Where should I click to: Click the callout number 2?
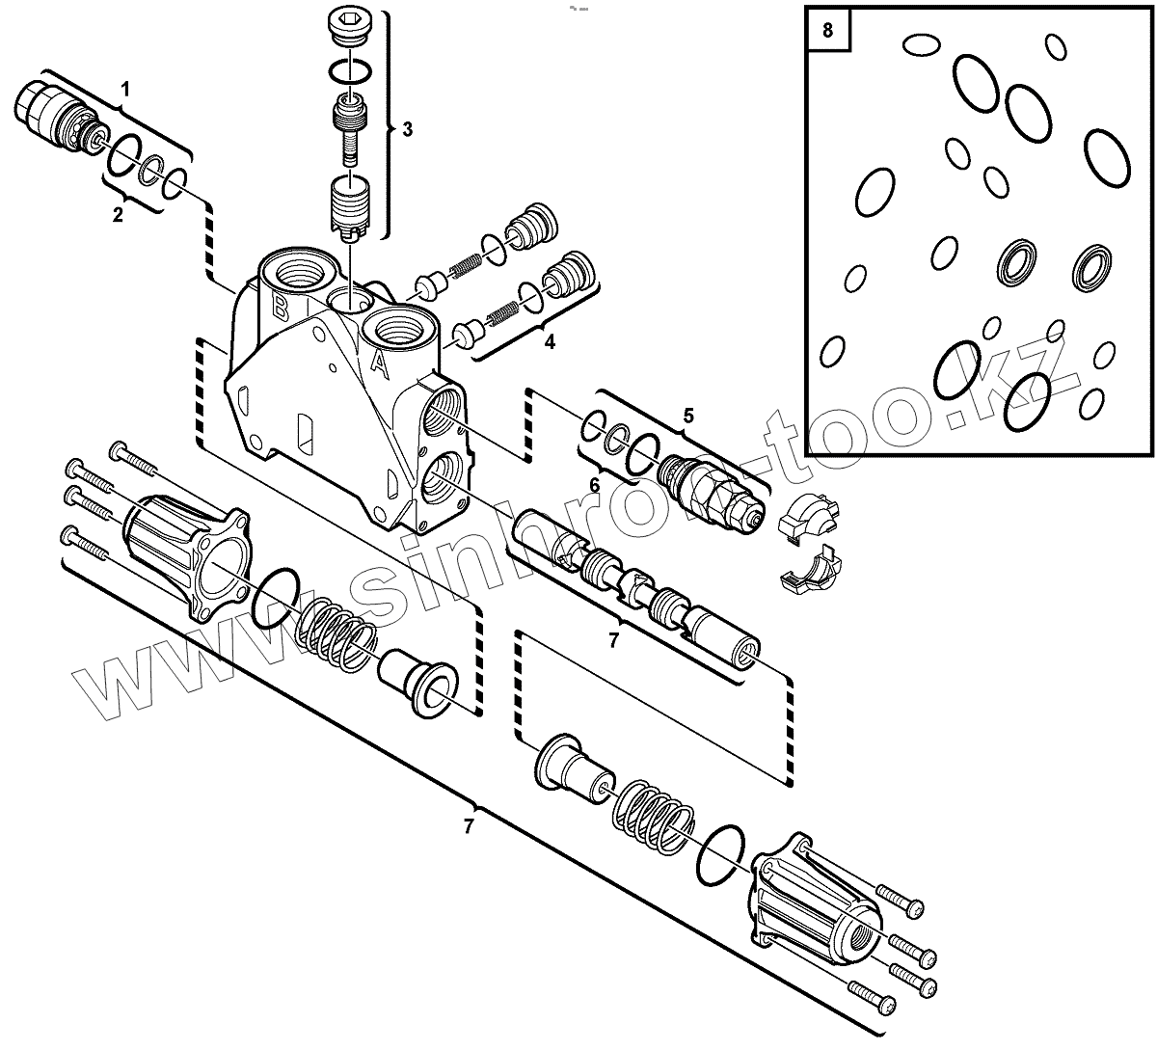pos(118,215)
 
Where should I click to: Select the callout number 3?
pos(407,129)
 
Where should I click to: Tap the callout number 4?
pos(550,341)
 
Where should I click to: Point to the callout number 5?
pos(688,416)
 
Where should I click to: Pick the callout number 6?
pos(595,484)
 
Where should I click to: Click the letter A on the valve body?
pos(380,364)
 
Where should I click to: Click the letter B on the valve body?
pos(279,308)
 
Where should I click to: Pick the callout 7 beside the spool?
pos(613,639)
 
